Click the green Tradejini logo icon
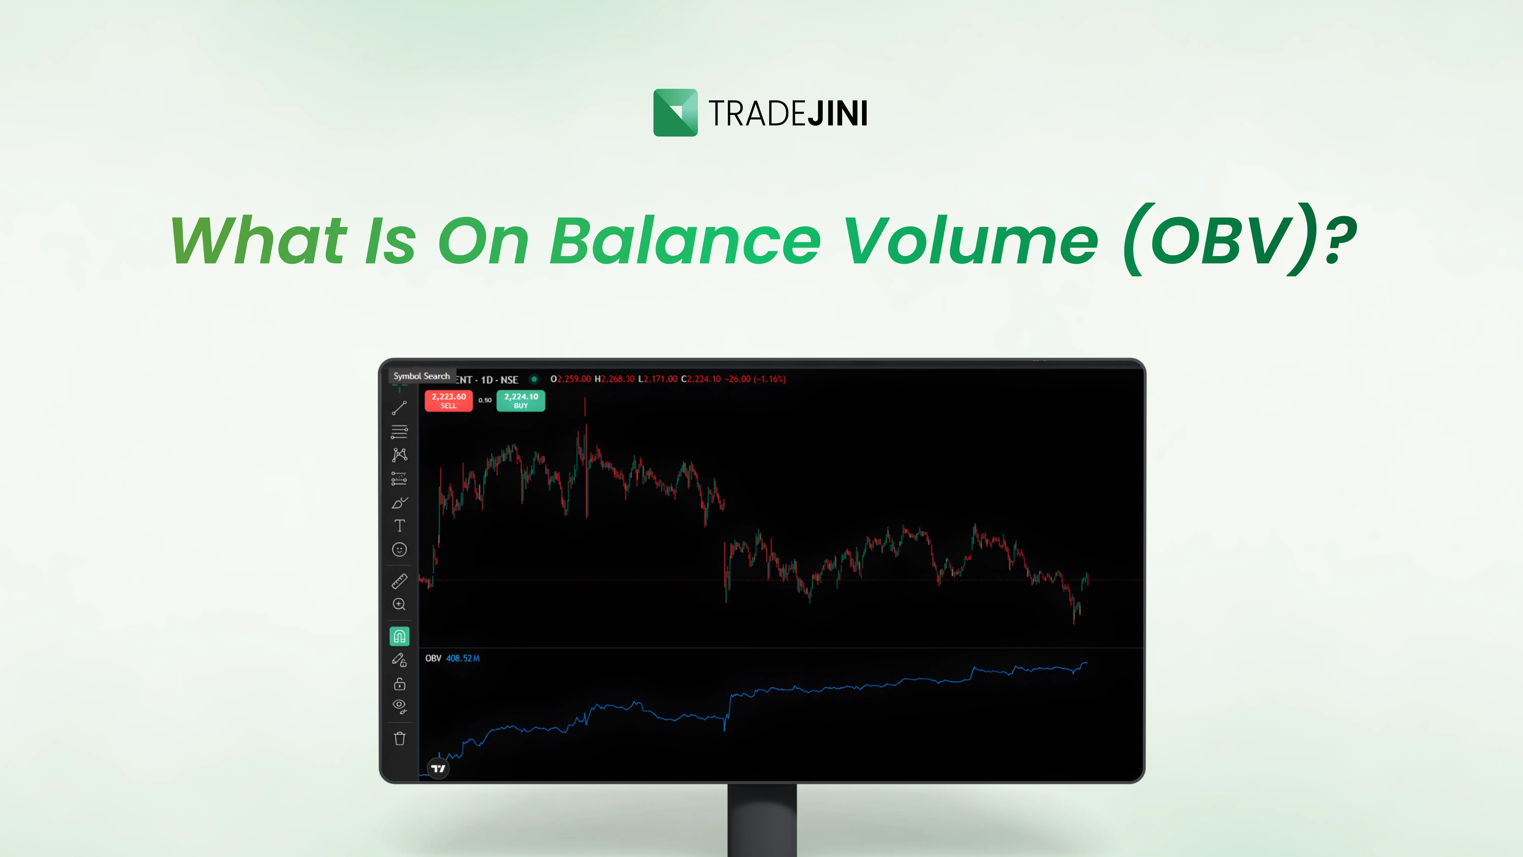point(675,112)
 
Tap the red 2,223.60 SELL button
point(449,400)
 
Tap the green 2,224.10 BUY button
point(521,400)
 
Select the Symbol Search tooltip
point(422,376)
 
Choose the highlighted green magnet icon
point(400,636)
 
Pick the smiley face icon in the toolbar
point(400,549)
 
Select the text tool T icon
point(400,526)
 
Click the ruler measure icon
point(400,581)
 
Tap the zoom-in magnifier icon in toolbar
point(400,604)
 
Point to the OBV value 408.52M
point(463,658)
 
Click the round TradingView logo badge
point(438,768)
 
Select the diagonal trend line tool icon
point(400,408)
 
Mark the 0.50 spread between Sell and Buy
point(485,400)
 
